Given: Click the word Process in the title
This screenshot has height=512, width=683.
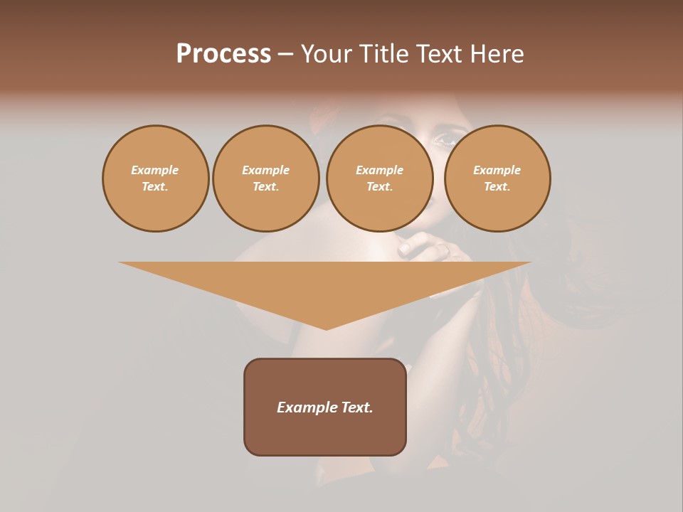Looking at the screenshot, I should click(223, 54).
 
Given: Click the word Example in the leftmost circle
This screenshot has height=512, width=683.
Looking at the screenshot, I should click(155, 170).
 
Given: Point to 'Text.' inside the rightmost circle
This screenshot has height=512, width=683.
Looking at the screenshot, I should click(497, 186).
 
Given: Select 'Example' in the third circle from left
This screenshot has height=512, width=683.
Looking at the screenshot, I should click(380, 170).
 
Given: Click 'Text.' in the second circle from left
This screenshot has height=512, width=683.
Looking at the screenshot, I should click(266, 186).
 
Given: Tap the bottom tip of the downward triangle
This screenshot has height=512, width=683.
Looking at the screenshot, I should click(326, 328).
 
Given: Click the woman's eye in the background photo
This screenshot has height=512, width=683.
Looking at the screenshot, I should click(446, 139).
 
